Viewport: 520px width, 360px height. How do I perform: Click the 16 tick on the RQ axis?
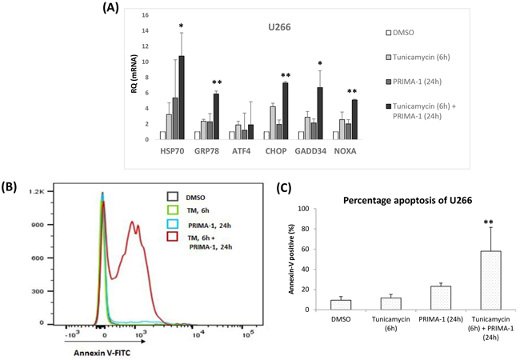[x=145, y=15]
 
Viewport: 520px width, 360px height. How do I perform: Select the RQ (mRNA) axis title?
[x=134, y=77]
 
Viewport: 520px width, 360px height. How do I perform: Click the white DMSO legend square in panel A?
[x=387, y=33]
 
